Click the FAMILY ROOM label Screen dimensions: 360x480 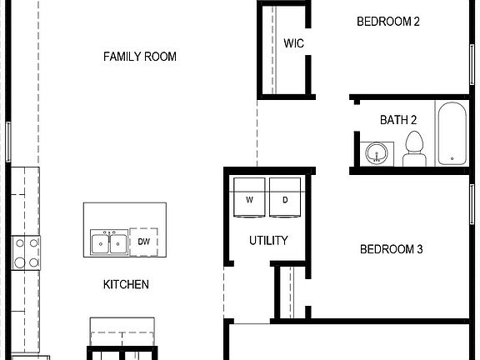pos(139,57)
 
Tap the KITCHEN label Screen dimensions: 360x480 pos(126,284)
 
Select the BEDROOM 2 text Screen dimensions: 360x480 pos(388,22)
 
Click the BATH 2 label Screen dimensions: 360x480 pos(398,120)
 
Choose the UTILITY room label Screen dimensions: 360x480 pos(268,240)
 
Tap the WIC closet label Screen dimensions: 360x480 pos(292,43)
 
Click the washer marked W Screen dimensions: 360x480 pos(249,200)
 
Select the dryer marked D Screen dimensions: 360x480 pos(284,200)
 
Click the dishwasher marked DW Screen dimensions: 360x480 pos(143,242)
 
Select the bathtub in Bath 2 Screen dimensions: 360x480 pos(453,133)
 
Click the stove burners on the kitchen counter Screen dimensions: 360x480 pos(24,252)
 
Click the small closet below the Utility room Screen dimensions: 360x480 pos(287,292)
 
